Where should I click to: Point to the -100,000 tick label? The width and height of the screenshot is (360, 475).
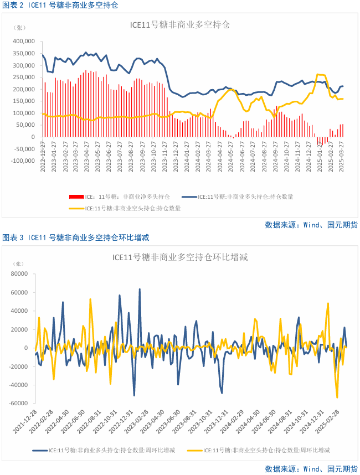tap(22, 161)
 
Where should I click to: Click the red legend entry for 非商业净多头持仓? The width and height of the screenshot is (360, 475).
tap(119, 197)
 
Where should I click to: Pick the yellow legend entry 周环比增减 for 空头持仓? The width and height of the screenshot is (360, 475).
tap(266, 451)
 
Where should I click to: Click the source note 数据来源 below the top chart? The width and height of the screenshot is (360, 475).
tap(311, 225)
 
